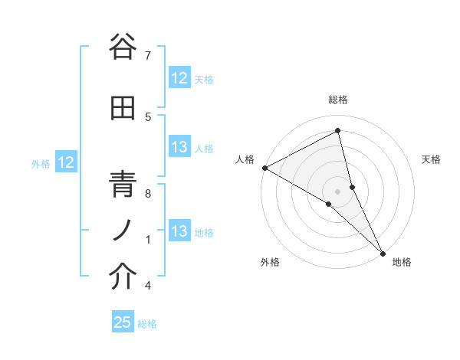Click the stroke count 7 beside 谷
(x=148, y=56)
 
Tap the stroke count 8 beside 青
(x=148, y=193)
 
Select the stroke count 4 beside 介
(x=148, y=286)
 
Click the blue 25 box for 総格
(x=123, y=322)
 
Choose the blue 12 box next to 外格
(x=66, y=162)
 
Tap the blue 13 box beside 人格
(x=179, y=148)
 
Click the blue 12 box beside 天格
(x=179, y=78)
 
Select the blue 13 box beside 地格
(x=179, y=231)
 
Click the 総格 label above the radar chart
(x=338, y=100)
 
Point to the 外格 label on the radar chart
(x=270, y=262)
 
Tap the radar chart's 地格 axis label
(x=402, y=262)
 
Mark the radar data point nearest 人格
(x=264, y=168)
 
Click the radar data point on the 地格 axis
(x=383, y=252)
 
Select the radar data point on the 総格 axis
(x=337, y=131)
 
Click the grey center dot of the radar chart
(x=337, y=190)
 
